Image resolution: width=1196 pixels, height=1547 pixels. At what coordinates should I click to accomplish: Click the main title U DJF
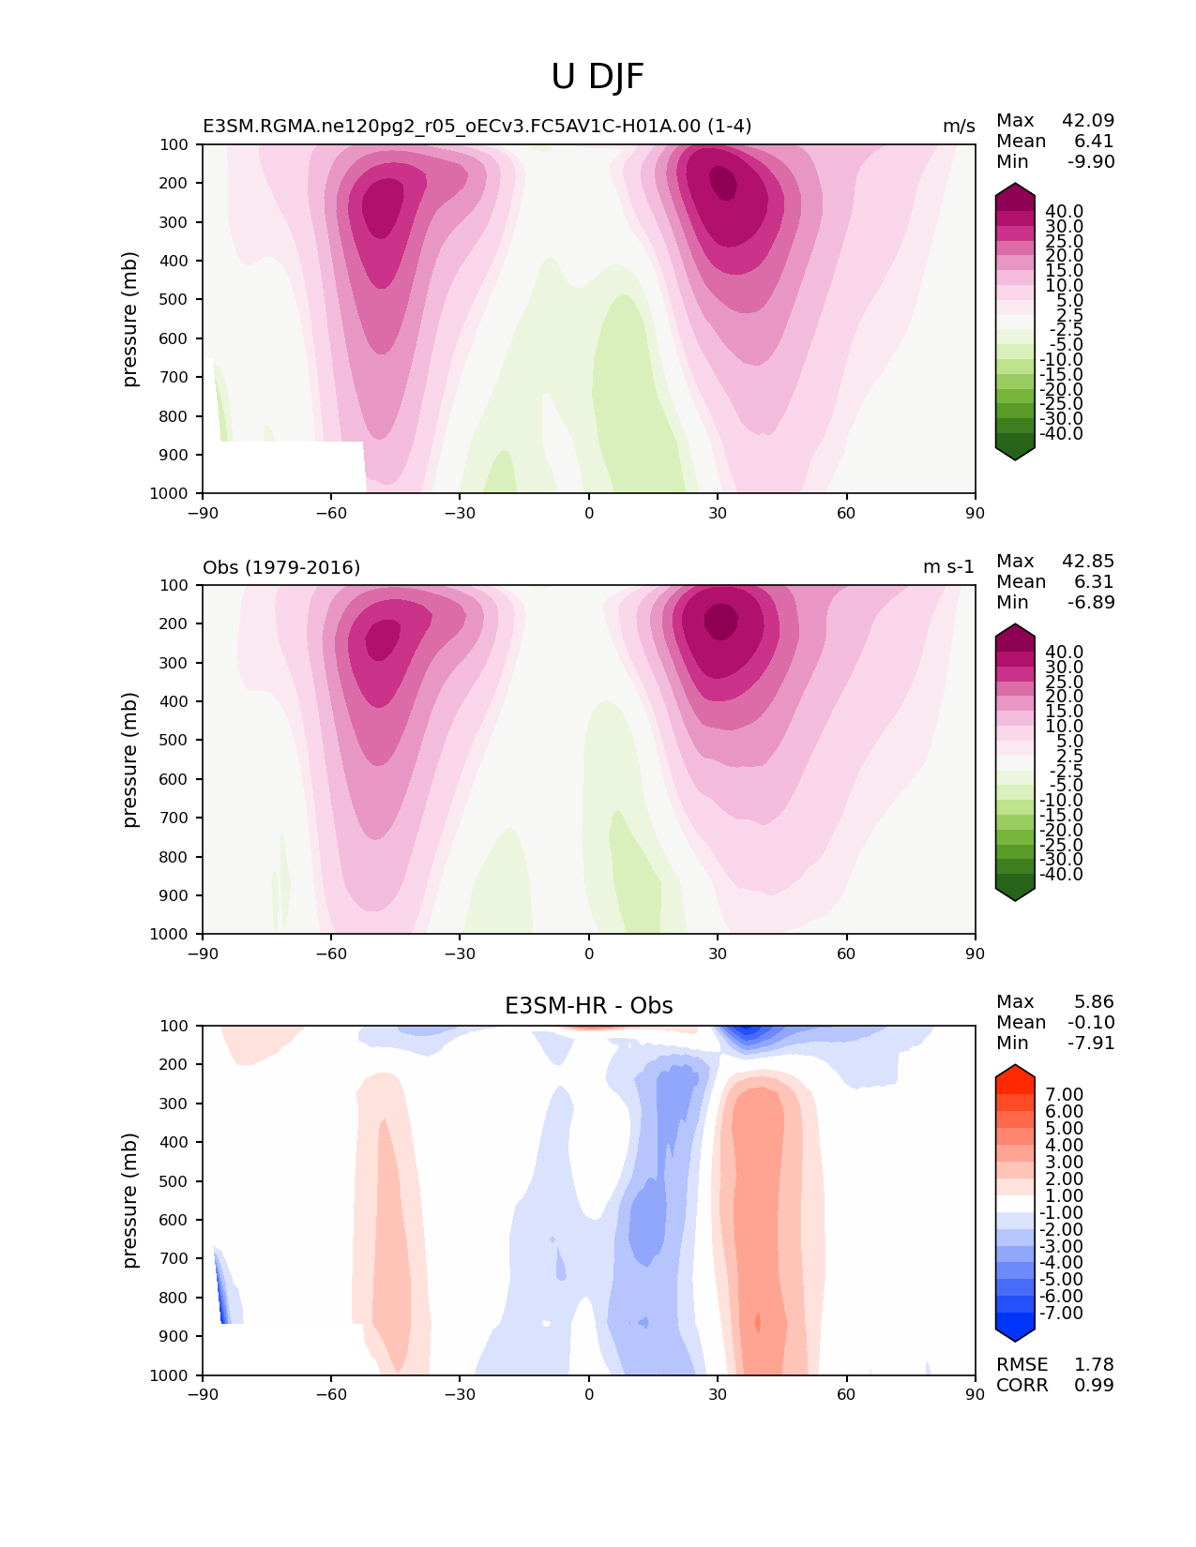pyautogui.click(x=598, y=77)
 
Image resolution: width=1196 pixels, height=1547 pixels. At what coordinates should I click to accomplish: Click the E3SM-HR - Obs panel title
pyautogui.click(x=588, y=1006)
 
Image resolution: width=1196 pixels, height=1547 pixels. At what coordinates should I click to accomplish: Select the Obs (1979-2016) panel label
pyautogui.click(x=281, y=567)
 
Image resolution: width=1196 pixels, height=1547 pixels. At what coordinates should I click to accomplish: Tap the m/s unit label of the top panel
pyautogui.click(x=959, y=127)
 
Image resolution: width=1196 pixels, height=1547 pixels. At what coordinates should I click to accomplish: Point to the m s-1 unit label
pyautogui.click(x=948, y=567)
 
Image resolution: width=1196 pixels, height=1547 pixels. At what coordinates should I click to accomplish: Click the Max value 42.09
pyautogui.click(x=1088, y=120)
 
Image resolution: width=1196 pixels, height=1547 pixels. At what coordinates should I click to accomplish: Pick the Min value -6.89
pyautogui.click(x=1091, y=602)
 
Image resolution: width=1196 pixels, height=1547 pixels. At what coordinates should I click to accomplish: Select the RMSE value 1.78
pyautogui.click(x=1094, y=1364)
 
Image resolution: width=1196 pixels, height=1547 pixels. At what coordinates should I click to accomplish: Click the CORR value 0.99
pyautogui.click(x=1094, y=1385)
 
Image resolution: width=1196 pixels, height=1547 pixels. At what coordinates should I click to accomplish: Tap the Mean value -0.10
pyautogui.click(x=1091, y=1022)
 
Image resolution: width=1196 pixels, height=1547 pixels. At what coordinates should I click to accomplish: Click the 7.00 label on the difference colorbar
pyautogui.click(x=1064, y=1095)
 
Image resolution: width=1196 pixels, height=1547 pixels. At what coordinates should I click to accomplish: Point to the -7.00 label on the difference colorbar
pyautogui.click(x=1061, y=1313)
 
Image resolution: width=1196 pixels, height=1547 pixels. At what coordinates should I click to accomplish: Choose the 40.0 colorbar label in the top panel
pyautogui.click(x=1064, y=212)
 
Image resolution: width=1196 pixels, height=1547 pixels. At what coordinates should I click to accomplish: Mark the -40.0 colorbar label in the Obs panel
pyautogui.click(x=1061, y=874)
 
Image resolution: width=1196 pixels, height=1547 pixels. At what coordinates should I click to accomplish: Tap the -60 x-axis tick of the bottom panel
pyautogui.click(x=331, y=1394)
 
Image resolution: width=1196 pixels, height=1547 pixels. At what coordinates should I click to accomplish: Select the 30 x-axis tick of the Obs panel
pyautogui.click(x=718, y=954)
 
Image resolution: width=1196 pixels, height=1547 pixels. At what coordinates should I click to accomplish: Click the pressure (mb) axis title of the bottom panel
pyautogui.click(x=130, y=1200)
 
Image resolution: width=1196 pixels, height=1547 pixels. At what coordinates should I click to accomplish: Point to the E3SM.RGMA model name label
pyautogui.click(x=477, y=127)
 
